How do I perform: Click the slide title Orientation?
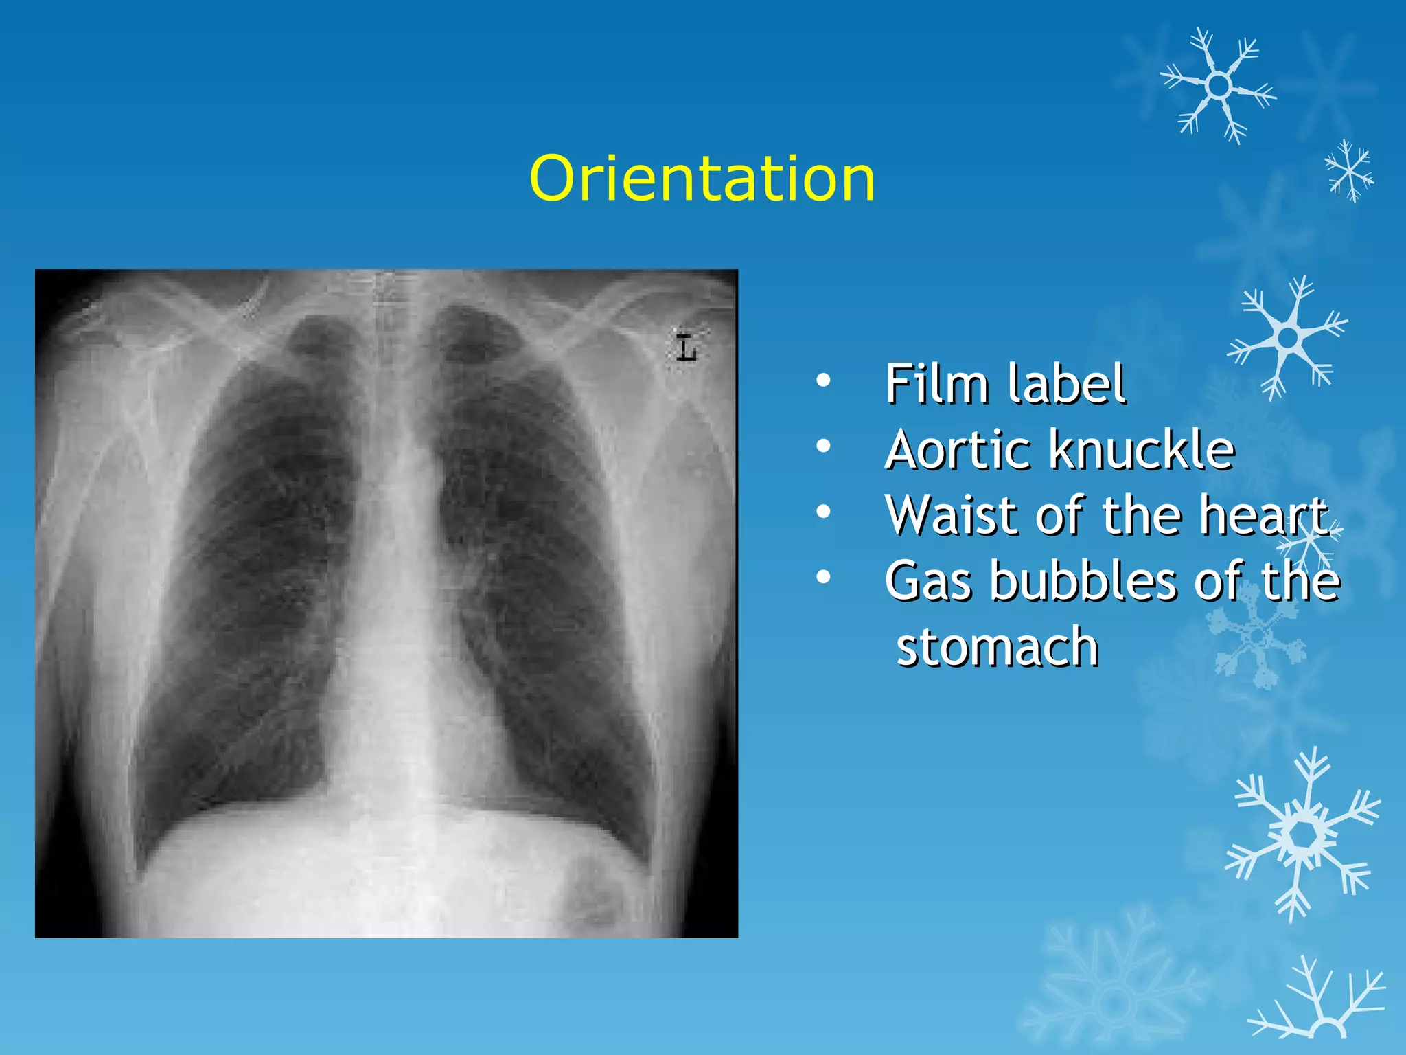point(702,179)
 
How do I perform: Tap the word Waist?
point(954,515)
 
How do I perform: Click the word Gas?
point(928,581)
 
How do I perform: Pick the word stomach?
point(998,647)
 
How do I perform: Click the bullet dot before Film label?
point(824,380)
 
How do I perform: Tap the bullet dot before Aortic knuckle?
point(824,446)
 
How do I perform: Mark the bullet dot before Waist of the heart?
point(824,512)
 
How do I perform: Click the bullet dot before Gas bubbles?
point(824,578)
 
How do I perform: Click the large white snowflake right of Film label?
point(1288,337)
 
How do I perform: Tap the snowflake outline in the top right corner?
point(1219,85)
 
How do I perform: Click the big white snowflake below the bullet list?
point(1302,835)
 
